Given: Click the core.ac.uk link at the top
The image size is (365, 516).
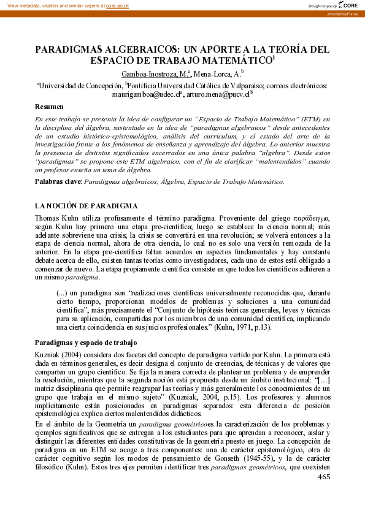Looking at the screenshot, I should click(x=118, y=5).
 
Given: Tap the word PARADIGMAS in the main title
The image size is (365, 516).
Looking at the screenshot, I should click(x=69, y=48).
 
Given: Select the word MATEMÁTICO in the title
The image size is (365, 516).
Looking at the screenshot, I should click(x=234, y=60).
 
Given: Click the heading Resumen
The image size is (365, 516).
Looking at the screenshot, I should click(x=49, y=107).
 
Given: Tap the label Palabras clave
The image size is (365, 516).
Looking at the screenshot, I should click(x=57, y=181).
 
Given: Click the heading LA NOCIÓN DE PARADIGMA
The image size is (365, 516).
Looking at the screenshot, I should click(x=86, y=205).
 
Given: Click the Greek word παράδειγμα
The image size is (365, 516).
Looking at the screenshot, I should click(x=312, y=218).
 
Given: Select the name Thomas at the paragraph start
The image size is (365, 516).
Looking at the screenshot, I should click(x=48, y=218).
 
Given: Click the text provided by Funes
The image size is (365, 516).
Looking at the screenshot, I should click(x=345, y=14).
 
